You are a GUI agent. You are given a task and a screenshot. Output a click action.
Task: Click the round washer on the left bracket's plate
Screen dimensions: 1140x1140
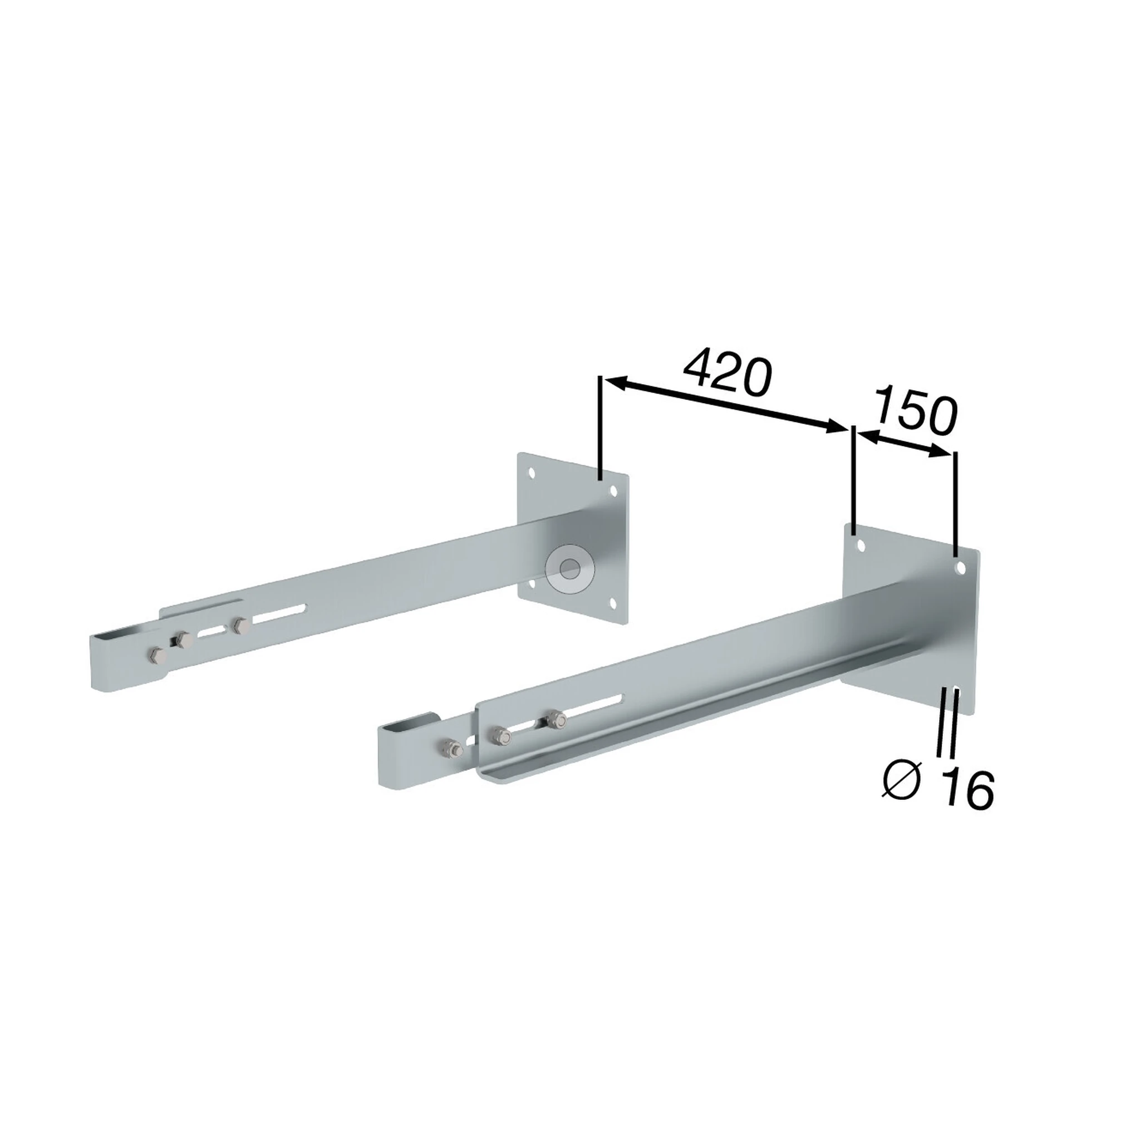tap(569, 569)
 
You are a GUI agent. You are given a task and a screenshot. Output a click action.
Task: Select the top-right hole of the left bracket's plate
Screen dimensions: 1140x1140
tap(613, 490)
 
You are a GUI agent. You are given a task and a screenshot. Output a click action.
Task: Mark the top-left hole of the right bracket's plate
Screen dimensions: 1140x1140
tap(861, 544)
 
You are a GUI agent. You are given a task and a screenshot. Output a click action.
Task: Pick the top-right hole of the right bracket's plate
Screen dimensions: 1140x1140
tap(961, 568)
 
